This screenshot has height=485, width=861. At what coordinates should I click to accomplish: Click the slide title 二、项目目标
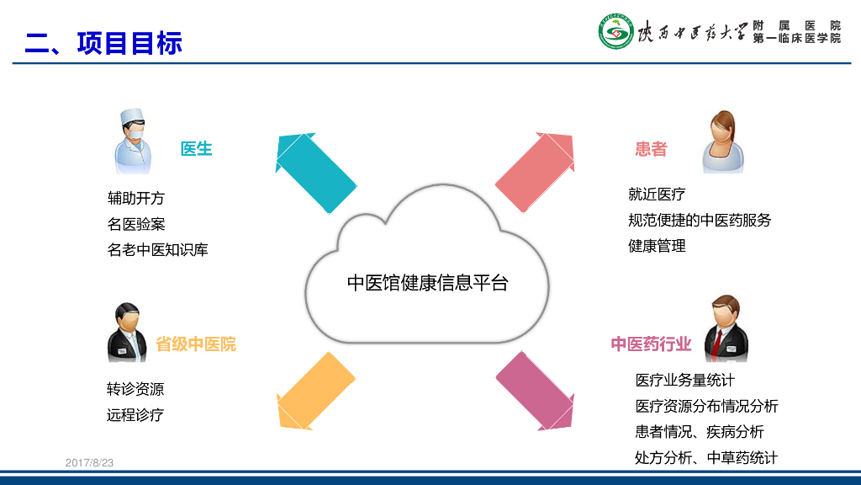103,42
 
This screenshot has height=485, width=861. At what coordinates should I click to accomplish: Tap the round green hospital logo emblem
616,32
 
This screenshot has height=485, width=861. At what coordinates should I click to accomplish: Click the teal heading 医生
196,149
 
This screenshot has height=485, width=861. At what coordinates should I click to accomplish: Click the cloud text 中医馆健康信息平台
428,283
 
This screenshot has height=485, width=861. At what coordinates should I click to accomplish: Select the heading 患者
651,149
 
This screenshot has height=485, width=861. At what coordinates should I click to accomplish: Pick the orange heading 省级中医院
196,344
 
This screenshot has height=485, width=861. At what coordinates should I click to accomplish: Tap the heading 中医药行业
651,344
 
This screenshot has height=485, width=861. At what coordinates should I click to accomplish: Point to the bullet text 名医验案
136,224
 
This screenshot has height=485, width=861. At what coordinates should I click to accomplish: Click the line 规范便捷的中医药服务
699,220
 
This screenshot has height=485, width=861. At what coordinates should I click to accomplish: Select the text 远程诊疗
135,414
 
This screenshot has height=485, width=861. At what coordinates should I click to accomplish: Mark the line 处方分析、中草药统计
706,458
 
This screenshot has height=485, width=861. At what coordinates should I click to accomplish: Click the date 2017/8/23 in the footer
89,463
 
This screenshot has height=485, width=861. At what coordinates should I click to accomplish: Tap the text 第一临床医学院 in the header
796,39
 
